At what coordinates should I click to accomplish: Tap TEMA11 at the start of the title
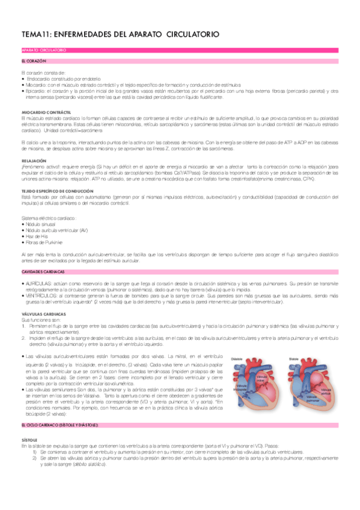click(35, 35)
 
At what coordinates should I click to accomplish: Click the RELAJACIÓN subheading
click(34, 161)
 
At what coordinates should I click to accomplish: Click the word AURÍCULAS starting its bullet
click(35, 282)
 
